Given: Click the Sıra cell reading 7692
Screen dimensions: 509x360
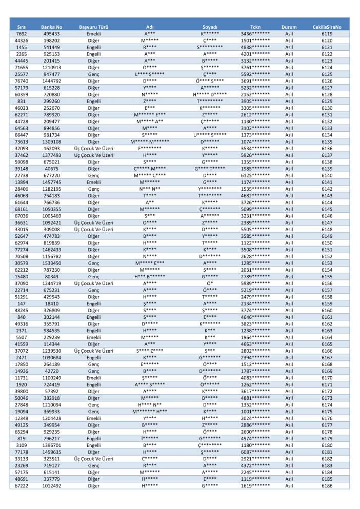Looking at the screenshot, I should (x=22, y=33).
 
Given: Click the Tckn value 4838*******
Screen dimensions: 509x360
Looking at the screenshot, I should (x=255, y=47).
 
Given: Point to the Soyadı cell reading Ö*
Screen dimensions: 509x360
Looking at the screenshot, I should (x=210, y=282).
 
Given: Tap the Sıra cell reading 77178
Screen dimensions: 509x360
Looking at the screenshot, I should (x=22, y=438).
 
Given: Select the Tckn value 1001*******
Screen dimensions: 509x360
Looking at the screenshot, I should (x=255, y=397).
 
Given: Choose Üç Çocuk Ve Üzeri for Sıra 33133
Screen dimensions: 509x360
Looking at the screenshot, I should (x=93, y=445).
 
